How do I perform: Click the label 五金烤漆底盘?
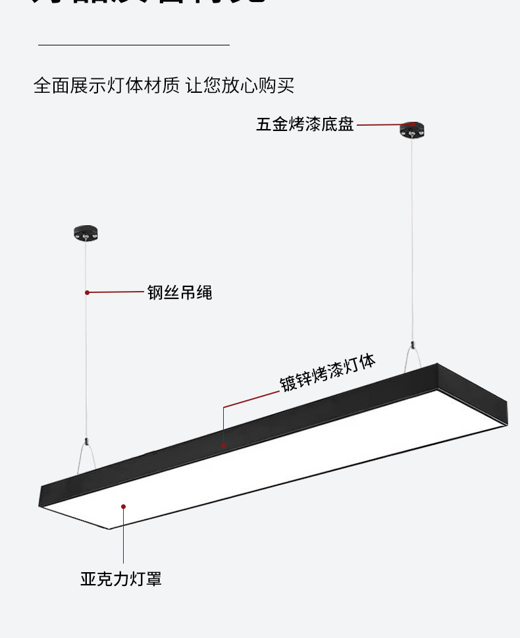[x=305, y=124]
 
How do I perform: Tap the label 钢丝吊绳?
[x=180, y=292]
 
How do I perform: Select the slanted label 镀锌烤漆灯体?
[x=327, y=373]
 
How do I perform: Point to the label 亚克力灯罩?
[x=121, y=579]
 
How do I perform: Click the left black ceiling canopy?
[x=86, y=232]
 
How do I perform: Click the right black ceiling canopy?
[x=413, y=129]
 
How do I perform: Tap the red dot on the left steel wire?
[x=87, y=292]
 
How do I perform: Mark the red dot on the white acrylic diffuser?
[x=123, y=506]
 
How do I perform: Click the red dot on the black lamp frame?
[x=223, y=446]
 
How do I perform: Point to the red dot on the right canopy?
[x=413, y=123]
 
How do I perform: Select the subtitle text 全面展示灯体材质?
[x=106, y=86]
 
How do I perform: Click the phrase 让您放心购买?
[x=240, y=86]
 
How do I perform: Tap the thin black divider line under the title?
[x=134, y=45]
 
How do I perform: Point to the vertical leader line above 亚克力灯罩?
[x=123, y=540]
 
